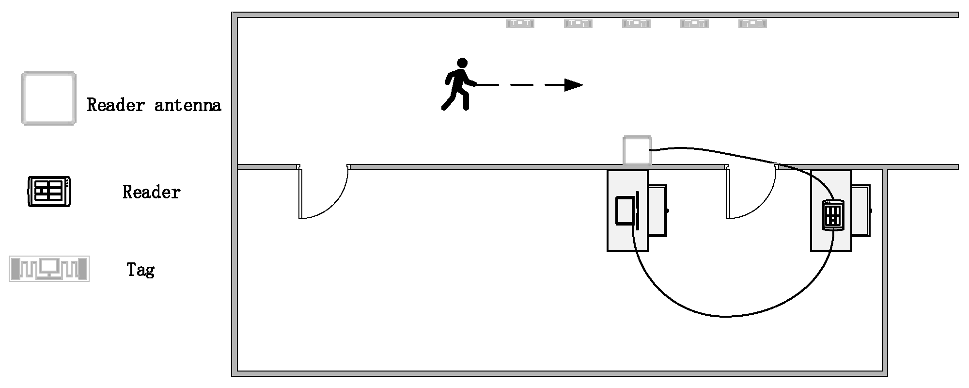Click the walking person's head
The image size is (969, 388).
point(463,63)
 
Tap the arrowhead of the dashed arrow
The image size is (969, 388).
point(574,85)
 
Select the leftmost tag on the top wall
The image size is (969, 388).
point(520,23)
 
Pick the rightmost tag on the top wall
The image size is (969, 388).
point(752,23)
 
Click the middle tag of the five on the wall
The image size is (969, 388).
point(636,23)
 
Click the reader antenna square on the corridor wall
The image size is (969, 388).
point(637,150)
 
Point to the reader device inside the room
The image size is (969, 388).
point(833,215)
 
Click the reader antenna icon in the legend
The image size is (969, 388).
point(48,98)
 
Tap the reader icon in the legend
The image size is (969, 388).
point(49,192)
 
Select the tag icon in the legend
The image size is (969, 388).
point(49,269)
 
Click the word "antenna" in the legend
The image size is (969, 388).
point(188,105)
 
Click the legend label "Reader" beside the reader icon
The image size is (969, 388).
point(151,193)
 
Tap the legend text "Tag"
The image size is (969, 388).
point(141,270)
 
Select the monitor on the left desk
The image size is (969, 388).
point(625,210)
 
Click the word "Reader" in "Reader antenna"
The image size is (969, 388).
point(116,105)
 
